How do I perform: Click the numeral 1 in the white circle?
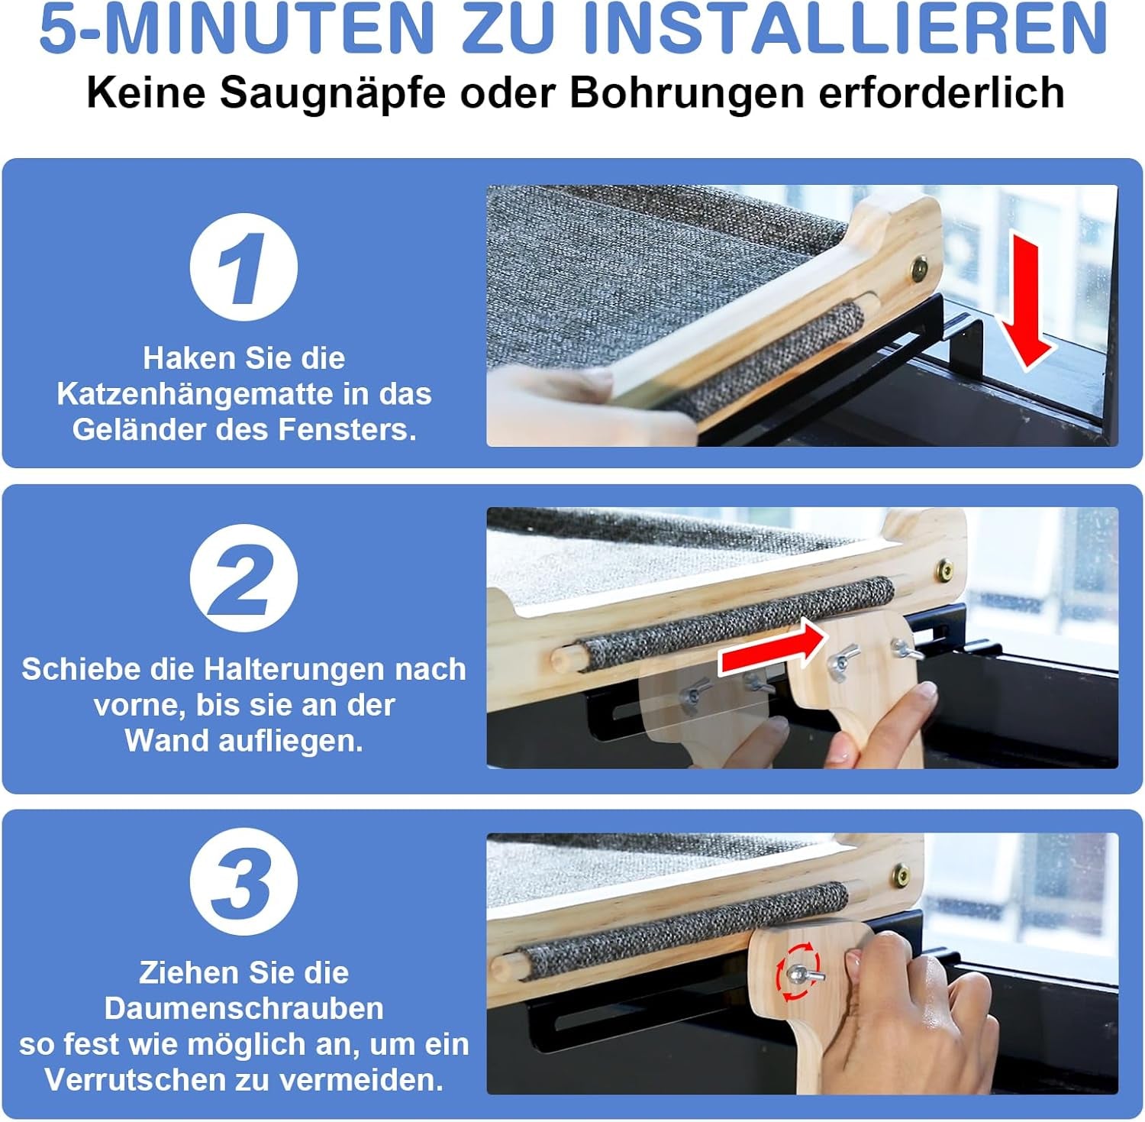243,267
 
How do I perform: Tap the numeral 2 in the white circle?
243,577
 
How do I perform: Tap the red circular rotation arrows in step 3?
798,972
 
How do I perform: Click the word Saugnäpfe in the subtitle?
332,93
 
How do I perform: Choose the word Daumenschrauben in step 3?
244,1008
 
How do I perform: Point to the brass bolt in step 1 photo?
919,269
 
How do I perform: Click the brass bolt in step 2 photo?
945,569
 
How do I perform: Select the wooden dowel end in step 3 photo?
501,965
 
